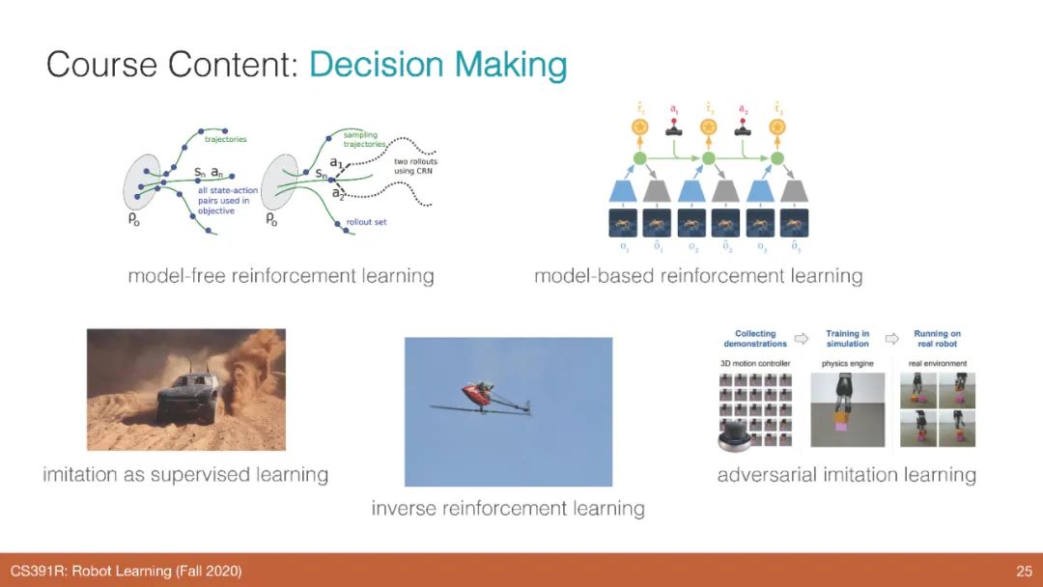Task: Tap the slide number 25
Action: pyautogui.click(x=1024, y=572)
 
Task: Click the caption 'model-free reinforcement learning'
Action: pyautogui.click(x=281, y=276)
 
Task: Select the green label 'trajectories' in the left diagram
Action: pyautogui.click(x=225, y=139)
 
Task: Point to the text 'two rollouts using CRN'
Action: pyautogui.click(x=415, y=165)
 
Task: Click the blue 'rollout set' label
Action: pyautogui.click(x=366, y=222)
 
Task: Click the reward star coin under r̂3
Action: pyautogui.click(x=777, y=126)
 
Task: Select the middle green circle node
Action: pyautogui.click(x=708, y=157)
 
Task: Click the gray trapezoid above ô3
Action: pyautogui.click(x=795, y=192)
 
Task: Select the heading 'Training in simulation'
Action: pyautogui.click(x=848, y=339)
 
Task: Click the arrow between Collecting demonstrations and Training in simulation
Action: pyautogui.click(x=800, y=339)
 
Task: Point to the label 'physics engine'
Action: pyautogui.click(x=847, y=363)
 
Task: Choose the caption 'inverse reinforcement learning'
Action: pyautogui.click(x=508, y=508)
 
